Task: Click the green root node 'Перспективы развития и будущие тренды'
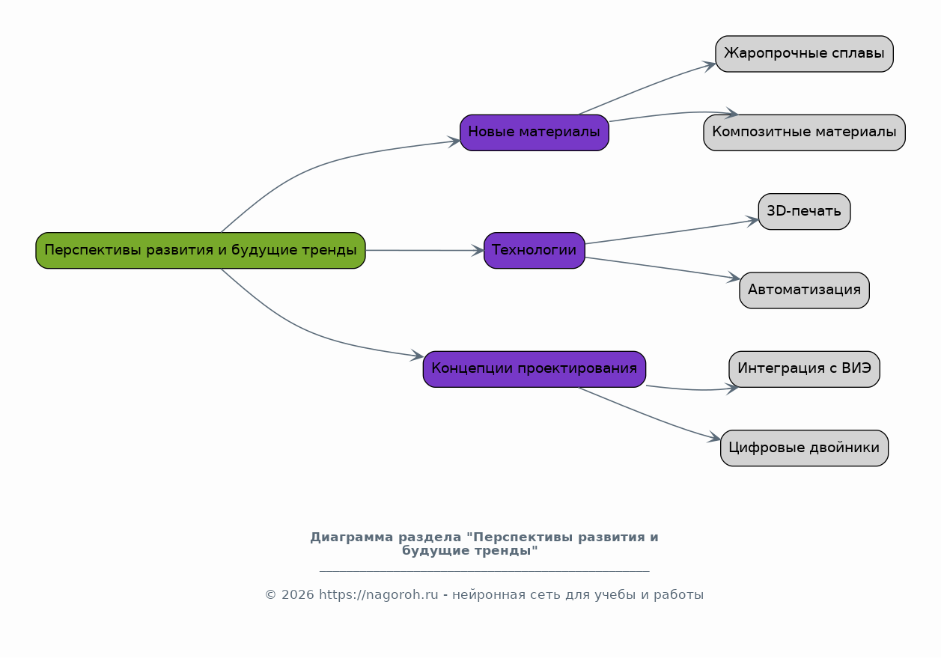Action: click(x=200, y=250)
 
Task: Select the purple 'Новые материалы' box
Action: click(x=534, y=132)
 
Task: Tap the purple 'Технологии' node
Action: click(x=534, y=250)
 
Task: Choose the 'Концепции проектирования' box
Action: click(x=534, y=368)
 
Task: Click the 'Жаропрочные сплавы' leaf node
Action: click(x=804, y=54)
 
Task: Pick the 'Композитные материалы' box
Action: click(x=804, y=132)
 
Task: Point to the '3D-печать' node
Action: click(x=804, y=211)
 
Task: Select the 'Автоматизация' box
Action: click(x=804, y=290)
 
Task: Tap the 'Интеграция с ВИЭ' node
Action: click(x=804, y=368)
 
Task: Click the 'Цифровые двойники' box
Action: click(x=804, y=448)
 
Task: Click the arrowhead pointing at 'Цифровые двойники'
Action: click(x=715, y=439)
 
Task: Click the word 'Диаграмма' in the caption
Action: click(x=345, y=537)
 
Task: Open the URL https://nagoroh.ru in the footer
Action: click(x=378, y=595)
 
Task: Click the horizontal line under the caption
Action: click(x=484, y=571)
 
